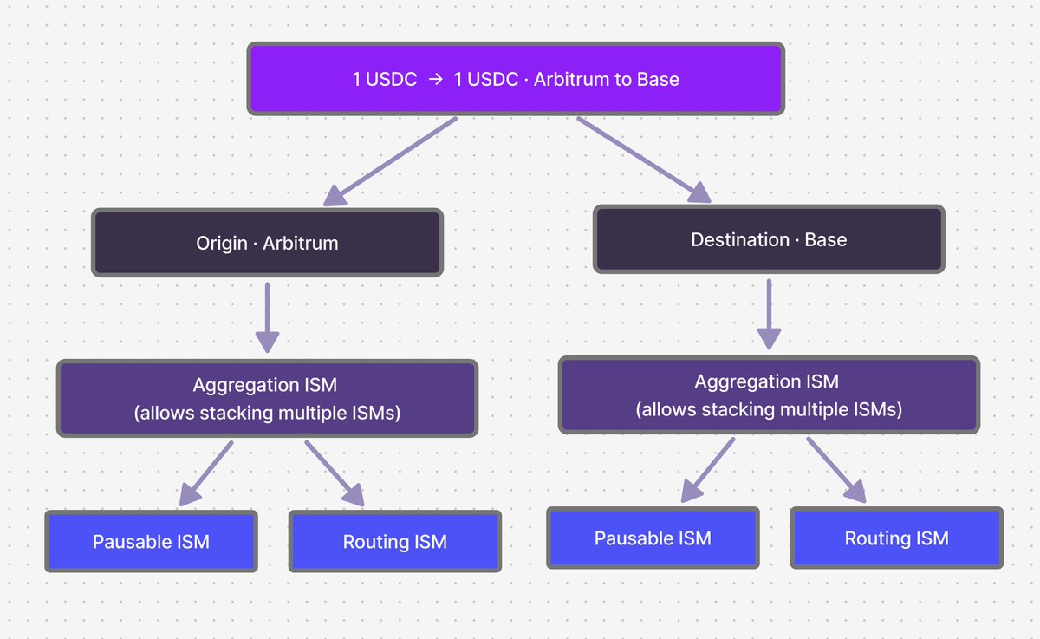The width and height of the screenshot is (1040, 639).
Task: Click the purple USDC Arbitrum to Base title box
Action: (516, 79)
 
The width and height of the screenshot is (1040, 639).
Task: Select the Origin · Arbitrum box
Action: (268, 243)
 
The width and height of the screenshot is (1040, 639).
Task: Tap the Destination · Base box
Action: (769, 239)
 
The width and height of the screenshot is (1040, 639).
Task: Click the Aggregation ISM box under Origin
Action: (268, 398)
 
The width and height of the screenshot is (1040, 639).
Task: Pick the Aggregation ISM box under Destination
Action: (769, 394)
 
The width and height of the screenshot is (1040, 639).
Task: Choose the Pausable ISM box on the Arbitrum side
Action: (152, 541)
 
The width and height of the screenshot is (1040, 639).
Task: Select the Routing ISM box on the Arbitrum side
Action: (395, 541)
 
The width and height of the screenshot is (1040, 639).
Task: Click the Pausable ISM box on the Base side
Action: (653, 538)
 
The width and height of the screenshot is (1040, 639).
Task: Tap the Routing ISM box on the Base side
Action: (896, 538)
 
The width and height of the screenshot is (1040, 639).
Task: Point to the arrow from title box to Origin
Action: (390, 161)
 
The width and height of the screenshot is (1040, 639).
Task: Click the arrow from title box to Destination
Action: (644, 160)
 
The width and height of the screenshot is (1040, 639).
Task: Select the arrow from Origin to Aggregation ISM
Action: (268, 317)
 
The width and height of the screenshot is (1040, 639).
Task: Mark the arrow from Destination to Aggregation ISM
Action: (769, 315)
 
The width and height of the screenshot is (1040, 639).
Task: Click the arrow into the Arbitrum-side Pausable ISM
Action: (206, 473)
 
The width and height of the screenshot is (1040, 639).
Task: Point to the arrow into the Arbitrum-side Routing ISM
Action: (335, 473)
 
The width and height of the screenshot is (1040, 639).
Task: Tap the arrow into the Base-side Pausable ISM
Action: (707, 470)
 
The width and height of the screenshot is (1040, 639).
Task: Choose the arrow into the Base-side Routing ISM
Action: (836, 470)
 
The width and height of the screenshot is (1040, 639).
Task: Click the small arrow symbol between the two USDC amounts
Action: (435, 80)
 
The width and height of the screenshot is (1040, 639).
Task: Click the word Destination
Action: (740, 239)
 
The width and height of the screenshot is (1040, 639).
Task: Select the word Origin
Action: (222, 244)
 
